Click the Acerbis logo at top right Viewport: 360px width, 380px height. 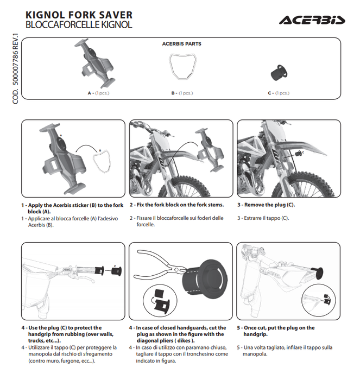coord(312,20)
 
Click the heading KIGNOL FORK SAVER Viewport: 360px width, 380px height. coord(79,15)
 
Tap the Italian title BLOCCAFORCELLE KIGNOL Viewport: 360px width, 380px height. coord(78,25)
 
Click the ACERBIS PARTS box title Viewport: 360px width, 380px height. coord(181,44)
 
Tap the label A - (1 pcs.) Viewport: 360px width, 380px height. coord(98,93)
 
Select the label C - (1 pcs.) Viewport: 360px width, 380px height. coord(279,93)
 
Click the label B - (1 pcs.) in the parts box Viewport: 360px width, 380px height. coord(182,93)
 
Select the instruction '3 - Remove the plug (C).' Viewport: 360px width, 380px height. coord(266,205)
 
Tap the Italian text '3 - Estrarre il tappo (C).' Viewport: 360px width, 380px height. coord(263,218)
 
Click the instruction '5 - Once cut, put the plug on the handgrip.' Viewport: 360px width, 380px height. coord(275,331)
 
